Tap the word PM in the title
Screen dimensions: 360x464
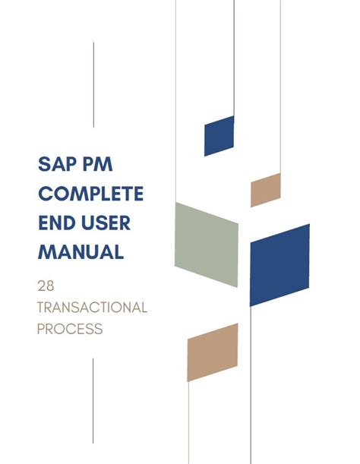pos(98,164)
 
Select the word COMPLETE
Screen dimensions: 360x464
pos(91,194)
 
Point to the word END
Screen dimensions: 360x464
pos(57,223)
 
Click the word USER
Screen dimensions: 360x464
pos(106,223)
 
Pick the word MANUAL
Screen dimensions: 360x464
pos(81,252)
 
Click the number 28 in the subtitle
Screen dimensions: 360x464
pos(46,286)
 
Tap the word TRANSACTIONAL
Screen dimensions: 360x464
pos(92,308)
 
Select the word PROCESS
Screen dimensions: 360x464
pos(70,329)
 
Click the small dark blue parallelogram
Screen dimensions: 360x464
pos(219,136)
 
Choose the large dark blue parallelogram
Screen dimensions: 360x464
pos(279,265)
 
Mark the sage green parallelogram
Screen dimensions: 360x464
pos(207,245)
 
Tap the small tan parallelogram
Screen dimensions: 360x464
pos(266,190)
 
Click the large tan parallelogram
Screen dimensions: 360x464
pos(213,352)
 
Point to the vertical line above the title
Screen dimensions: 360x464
pos(93,84)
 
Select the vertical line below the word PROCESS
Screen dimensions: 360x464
pos(93,401)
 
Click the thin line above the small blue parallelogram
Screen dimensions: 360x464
pos(234,58)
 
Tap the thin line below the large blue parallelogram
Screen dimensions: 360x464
pos(251,385)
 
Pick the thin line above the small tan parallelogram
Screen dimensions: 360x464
pos(280,87)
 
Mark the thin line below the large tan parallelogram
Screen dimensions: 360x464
pos(188,422)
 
